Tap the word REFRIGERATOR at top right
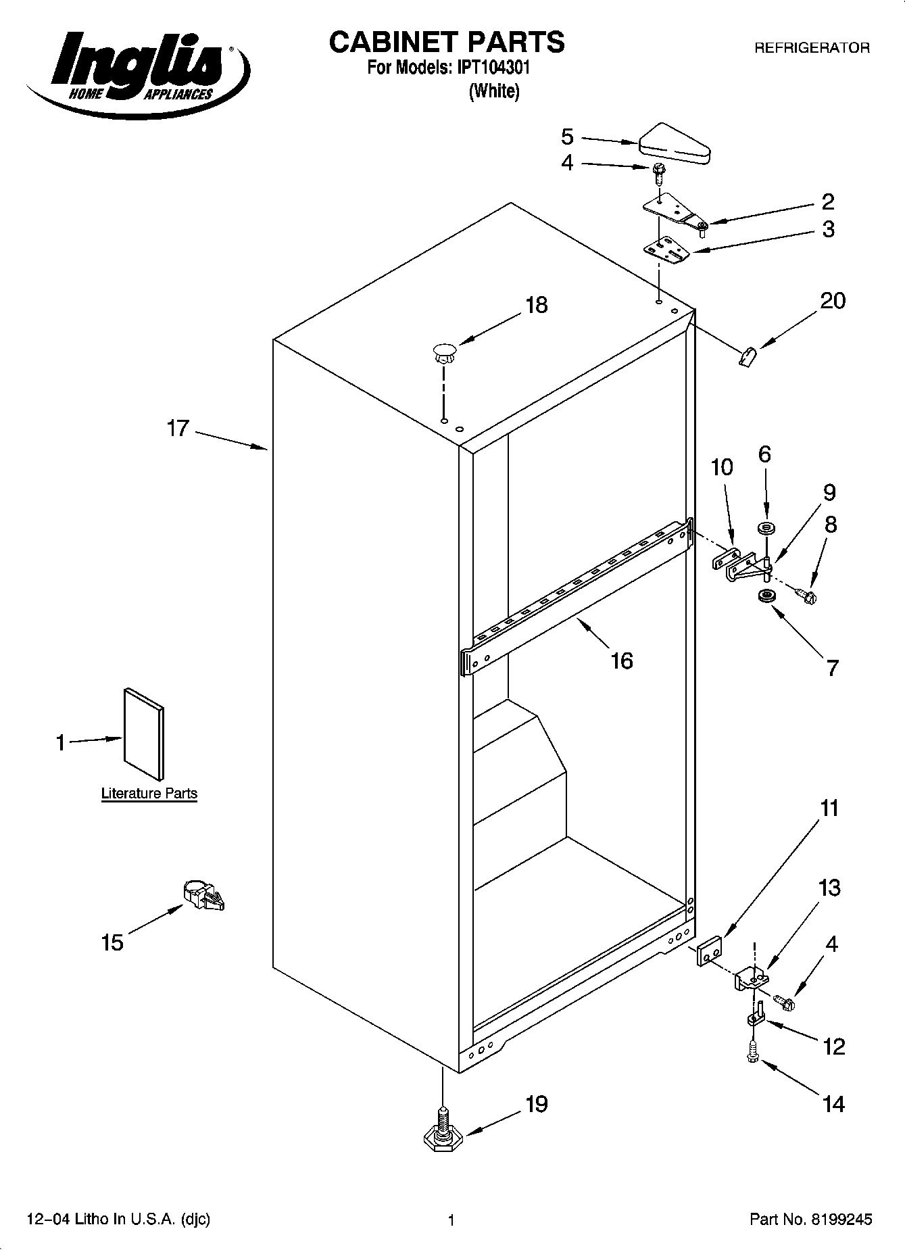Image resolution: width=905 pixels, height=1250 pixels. pos(812,48)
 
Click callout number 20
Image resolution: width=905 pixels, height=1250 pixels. pos(832,300)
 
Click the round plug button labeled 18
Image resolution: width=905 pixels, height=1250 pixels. pos(443,351)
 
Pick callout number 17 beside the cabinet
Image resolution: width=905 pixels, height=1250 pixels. pos(178,429)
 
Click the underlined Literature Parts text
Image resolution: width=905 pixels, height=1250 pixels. pos(149,793)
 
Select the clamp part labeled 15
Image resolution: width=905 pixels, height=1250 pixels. pos(203,896)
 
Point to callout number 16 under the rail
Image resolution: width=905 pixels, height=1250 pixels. pos(621,660)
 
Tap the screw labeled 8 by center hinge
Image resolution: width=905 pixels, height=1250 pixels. pos(806,596)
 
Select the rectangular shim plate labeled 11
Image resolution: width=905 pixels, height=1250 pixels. pos(709,951)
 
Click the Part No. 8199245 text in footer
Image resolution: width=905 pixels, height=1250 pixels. pos(810,1220)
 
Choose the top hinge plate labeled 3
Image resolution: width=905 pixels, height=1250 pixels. pos(666,249)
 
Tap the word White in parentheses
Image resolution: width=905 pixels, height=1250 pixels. pos(494,91)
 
